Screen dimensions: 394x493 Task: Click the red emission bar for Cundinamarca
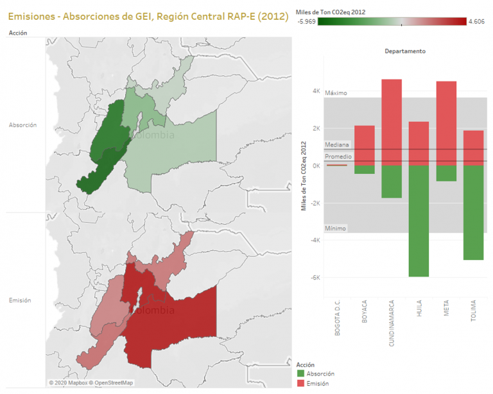pyautogui.click(x=392, y=122)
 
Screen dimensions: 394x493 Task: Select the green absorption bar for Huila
pyautogui.click(x=419, y=221)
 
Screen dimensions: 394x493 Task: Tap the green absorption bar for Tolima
pyautogui.click(x=473, y=212)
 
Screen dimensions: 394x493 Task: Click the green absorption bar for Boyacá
pyautogui.click(x=365, y=169)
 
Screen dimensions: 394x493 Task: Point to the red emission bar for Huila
pyautogui.click(x=419, y=144)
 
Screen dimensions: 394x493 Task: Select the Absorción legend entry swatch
pyautogui.click(x=302, y=373)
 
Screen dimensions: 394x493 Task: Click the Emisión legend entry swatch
pyautogui.click(x=302, y=383)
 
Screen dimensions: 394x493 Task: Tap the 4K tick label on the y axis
pyautogui.click(x=316, y=91)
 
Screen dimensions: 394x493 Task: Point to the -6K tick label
pyautogui.click(x=315, y=278)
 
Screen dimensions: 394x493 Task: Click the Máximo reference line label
pyautogui.click(x=336, y=93)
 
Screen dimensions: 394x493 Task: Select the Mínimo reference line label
pyautogui.click(x=336, y=228)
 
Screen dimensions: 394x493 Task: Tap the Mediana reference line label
pyautogui.click(x=337, y=145)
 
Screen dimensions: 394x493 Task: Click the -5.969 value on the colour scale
pyautogui.click(x=307, y=21)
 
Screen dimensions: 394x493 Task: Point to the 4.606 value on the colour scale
pyautogui.click(x=476, y=21)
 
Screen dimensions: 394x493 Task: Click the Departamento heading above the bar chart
pyautogui.click(x=405, y=51)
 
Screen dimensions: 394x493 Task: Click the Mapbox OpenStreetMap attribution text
pyautogui.click(x=91, y=383)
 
